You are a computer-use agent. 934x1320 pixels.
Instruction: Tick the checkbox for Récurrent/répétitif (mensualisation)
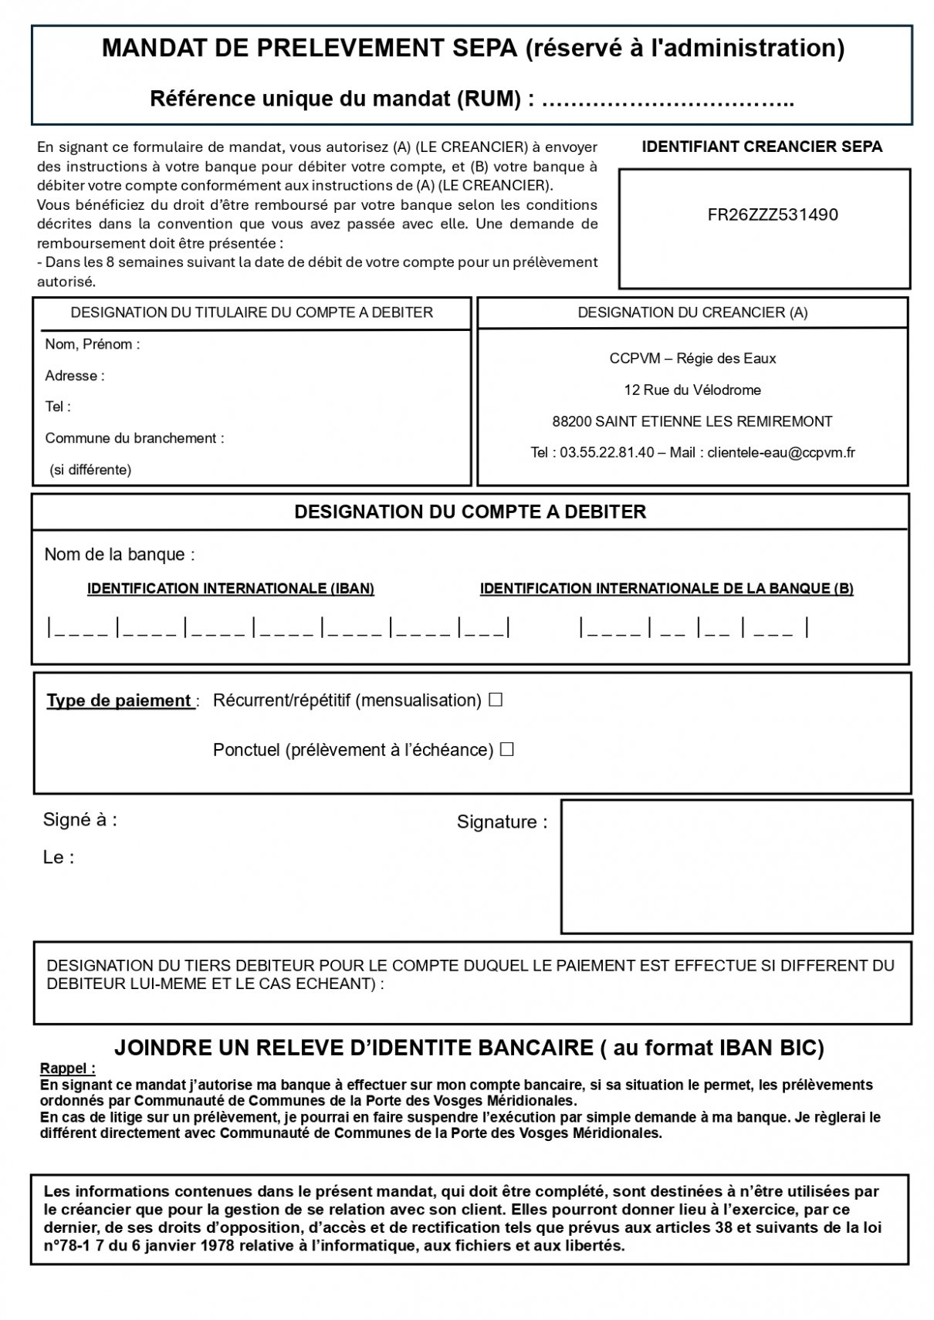pyautogui.click(x=496, y=701)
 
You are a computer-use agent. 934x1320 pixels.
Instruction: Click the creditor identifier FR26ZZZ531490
pyautogui.click(x=772, y=215)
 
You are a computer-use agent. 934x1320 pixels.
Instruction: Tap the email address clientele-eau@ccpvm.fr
pyautogui.click(x=781, y=453)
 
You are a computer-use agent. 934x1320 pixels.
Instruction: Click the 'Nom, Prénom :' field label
pyautogui.click(x=93, y=345)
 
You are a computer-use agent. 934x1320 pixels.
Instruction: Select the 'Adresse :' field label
pyautogui.click(x=75, y=376)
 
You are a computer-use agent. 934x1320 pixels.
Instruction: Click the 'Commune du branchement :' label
pyautogui.click(x=134, y=439)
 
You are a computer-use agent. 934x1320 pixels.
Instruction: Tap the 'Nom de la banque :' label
pyautogui.click(x=120, y=555)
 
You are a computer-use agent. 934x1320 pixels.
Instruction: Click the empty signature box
pyautogui.click(x=736, y=866)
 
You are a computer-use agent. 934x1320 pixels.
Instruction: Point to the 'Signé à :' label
pyautogui.click(x=80, y=820)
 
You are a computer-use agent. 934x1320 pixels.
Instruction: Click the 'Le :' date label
pyautogui.click(x=59, y=858)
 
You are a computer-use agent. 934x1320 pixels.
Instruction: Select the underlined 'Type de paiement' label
pyautogui.click(x=120, y=701)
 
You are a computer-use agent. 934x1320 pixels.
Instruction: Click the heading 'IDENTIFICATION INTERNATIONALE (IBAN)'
pyautogui.click(x=231, y=589)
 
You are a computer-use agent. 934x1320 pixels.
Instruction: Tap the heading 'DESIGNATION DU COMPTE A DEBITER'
pyautogui.click(x=470, y=512)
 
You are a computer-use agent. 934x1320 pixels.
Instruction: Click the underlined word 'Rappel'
pyautogui.click(x=66, y=1069)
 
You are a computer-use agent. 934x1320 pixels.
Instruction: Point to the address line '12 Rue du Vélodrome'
pyautogui.click(x=692, y=390)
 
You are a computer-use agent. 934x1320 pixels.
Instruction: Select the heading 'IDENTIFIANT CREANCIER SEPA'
pyautogui.click(x=762, y=147)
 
